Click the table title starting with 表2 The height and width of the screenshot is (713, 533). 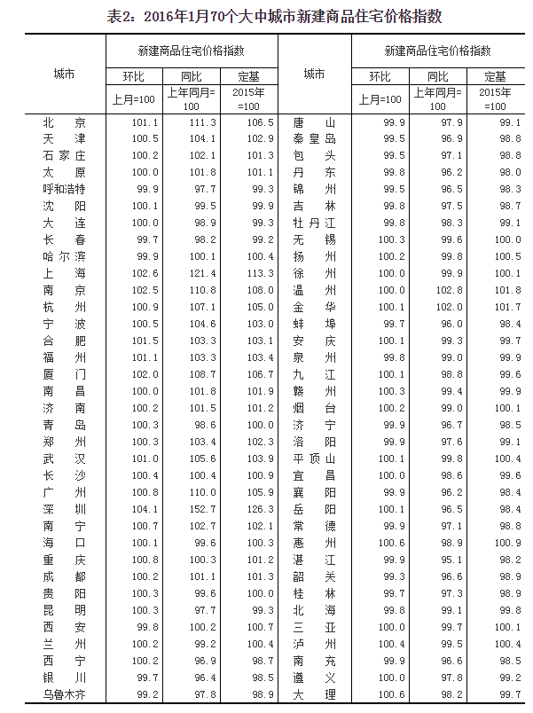(266, 15)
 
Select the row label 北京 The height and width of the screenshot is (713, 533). (64, 122)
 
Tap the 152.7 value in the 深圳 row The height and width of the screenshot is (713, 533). (204, 509)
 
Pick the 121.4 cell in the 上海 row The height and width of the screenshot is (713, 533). (204, 273)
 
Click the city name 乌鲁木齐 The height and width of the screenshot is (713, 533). (64, 694)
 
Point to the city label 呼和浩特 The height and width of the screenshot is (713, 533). (64, 189)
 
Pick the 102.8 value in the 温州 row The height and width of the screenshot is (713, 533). (451, 290)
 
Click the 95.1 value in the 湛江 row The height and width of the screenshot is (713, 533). (451, 560)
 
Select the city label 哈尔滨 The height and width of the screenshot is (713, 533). (64, 256)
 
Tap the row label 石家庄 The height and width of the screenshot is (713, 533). (64, 155)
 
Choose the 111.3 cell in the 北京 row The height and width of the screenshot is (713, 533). (204, 122)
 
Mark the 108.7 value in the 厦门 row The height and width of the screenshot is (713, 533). (204, 374)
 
